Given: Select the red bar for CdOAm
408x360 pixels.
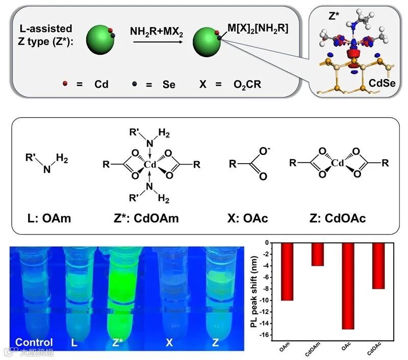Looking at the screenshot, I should pyautogui.click(x=318, y=254).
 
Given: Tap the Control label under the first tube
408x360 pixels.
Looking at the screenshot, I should pyautogui.click(x=34, y=343).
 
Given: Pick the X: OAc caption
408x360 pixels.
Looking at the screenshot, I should pyautogui.click(x=248, y=219).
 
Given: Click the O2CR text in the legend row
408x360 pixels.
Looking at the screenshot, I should pyautogui.click(x=246, y=85).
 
